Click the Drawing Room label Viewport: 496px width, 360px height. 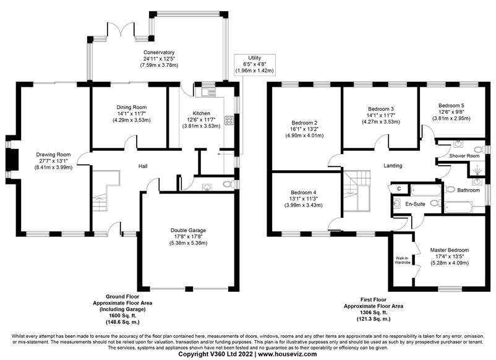pos(53,155)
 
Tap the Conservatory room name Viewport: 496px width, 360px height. pos(159,52)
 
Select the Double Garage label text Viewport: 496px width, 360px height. pos(188,230)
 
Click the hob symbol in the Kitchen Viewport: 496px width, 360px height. pos(229,120)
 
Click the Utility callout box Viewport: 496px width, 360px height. pos(255,64)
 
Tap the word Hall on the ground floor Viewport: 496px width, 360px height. pos(143,166)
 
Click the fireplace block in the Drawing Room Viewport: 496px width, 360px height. pos(12,161)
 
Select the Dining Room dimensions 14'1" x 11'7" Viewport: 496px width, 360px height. pos(131,114)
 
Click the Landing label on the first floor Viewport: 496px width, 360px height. pos(393,165)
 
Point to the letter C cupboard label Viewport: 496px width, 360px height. pos(399,189)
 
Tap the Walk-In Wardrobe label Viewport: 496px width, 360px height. pos(403,260)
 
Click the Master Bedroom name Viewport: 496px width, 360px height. pos(450,250)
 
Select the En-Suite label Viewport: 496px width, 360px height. pos(416,204)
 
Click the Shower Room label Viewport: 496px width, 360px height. pos(464,156)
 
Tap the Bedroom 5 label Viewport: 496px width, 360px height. pos(451,105)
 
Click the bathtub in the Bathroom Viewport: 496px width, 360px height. pos(458,207)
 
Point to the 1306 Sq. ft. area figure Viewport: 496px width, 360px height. pos(374,312)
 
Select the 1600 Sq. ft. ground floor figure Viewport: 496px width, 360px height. pos(122,315)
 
